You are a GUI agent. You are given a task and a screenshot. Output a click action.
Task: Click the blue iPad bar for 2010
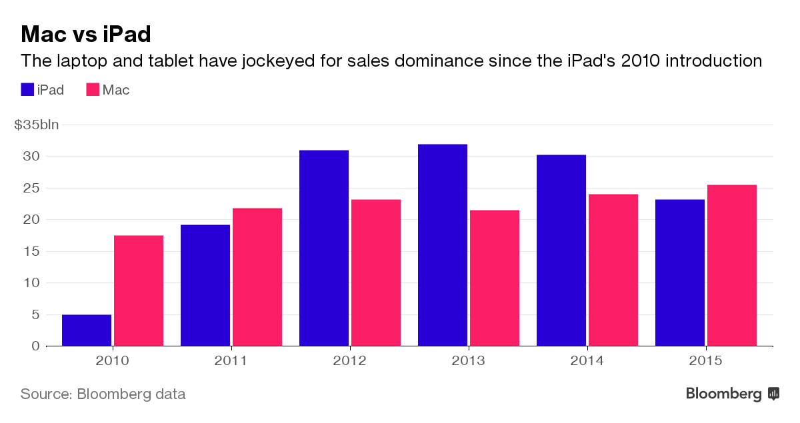tap(87, 330)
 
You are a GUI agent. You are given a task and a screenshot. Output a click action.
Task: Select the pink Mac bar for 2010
tap(139, 290)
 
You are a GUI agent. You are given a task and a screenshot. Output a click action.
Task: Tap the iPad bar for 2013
tap(443, 245)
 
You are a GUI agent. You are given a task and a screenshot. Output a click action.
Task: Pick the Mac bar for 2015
tap(732, 265)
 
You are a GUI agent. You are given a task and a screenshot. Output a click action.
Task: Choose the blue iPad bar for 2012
tap(324, 248)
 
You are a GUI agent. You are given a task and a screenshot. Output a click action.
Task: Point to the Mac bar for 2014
tap(613, 270)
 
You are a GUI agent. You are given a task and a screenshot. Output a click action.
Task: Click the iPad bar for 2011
tap(205, 285)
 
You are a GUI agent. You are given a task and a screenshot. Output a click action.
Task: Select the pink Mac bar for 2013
tap(495, 278)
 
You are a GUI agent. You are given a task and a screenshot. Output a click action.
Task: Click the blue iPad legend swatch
tap(27, 89)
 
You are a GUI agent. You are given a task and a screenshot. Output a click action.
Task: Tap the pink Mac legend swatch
tap(93, 89)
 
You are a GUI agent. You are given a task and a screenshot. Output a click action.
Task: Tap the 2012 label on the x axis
tap(349, 361)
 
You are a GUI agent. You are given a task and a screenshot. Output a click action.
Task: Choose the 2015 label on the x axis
tap(705, 361)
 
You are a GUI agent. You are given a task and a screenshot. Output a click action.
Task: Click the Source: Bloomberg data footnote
tap(103, 394)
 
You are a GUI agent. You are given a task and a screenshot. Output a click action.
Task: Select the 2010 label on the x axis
tap(112, 361)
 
